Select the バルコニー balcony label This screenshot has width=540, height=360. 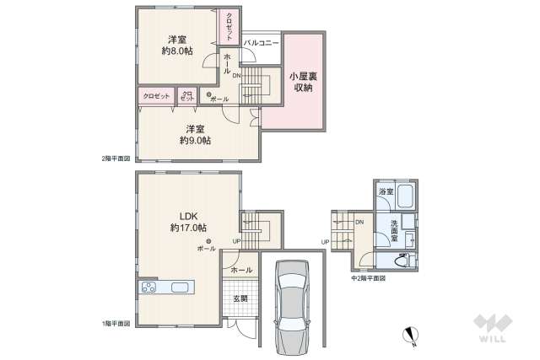[x=261, y=42]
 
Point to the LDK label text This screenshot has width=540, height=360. [x=187, y=213]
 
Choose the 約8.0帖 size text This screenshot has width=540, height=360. [x=177, y=51]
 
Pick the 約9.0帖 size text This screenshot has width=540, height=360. [x=195, y=141]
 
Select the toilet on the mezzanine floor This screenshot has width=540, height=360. [x=403, y=259]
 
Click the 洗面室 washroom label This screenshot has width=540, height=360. [x=393, y=230]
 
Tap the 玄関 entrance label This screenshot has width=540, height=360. [x=240, y=298]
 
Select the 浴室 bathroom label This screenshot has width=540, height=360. [x=385, y=193]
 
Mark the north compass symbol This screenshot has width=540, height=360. [x=410, y=335]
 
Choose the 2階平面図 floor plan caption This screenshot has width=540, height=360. [x=116, y=158]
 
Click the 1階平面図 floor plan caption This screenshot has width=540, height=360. [x=116, y=323]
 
